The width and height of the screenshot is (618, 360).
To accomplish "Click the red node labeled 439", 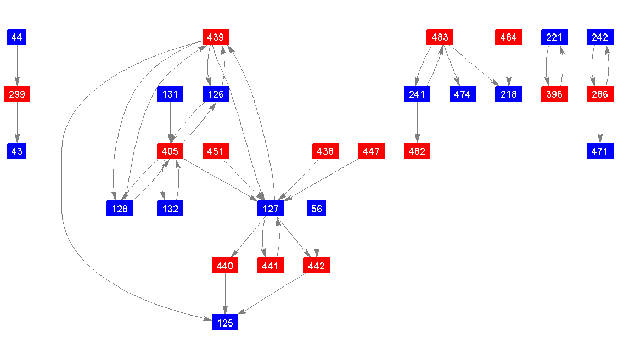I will (216, 37).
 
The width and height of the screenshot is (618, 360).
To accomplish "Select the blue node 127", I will (271, 209).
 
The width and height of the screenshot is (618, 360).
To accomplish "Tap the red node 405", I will (170, 151).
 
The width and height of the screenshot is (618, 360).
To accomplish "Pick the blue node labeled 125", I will (225, 323).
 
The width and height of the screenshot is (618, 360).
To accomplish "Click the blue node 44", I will (17, 37).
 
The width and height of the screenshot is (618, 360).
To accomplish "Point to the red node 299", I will (17, 94).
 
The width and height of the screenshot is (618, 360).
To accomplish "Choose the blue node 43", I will (17, 151).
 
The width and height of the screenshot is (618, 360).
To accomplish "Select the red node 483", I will (440, 37).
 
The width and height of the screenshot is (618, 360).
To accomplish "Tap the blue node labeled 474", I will (463, 94).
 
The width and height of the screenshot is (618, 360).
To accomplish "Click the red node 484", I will (509, 37).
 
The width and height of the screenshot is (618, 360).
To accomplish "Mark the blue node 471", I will (600, 151).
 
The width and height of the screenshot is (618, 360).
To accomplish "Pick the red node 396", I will (554, 94).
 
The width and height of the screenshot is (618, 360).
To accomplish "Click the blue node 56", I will (317, 209).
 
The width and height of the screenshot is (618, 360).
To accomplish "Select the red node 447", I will (371, 151).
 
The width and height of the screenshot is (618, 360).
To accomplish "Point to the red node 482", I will (417, 151).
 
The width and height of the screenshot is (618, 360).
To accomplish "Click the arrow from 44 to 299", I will (17, 66).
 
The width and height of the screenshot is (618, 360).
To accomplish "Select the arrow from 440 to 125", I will (225, 294).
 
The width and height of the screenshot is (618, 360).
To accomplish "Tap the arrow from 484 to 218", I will (509, 66).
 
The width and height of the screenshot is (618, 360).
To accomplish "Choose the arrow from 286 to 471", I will (600, 123).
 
